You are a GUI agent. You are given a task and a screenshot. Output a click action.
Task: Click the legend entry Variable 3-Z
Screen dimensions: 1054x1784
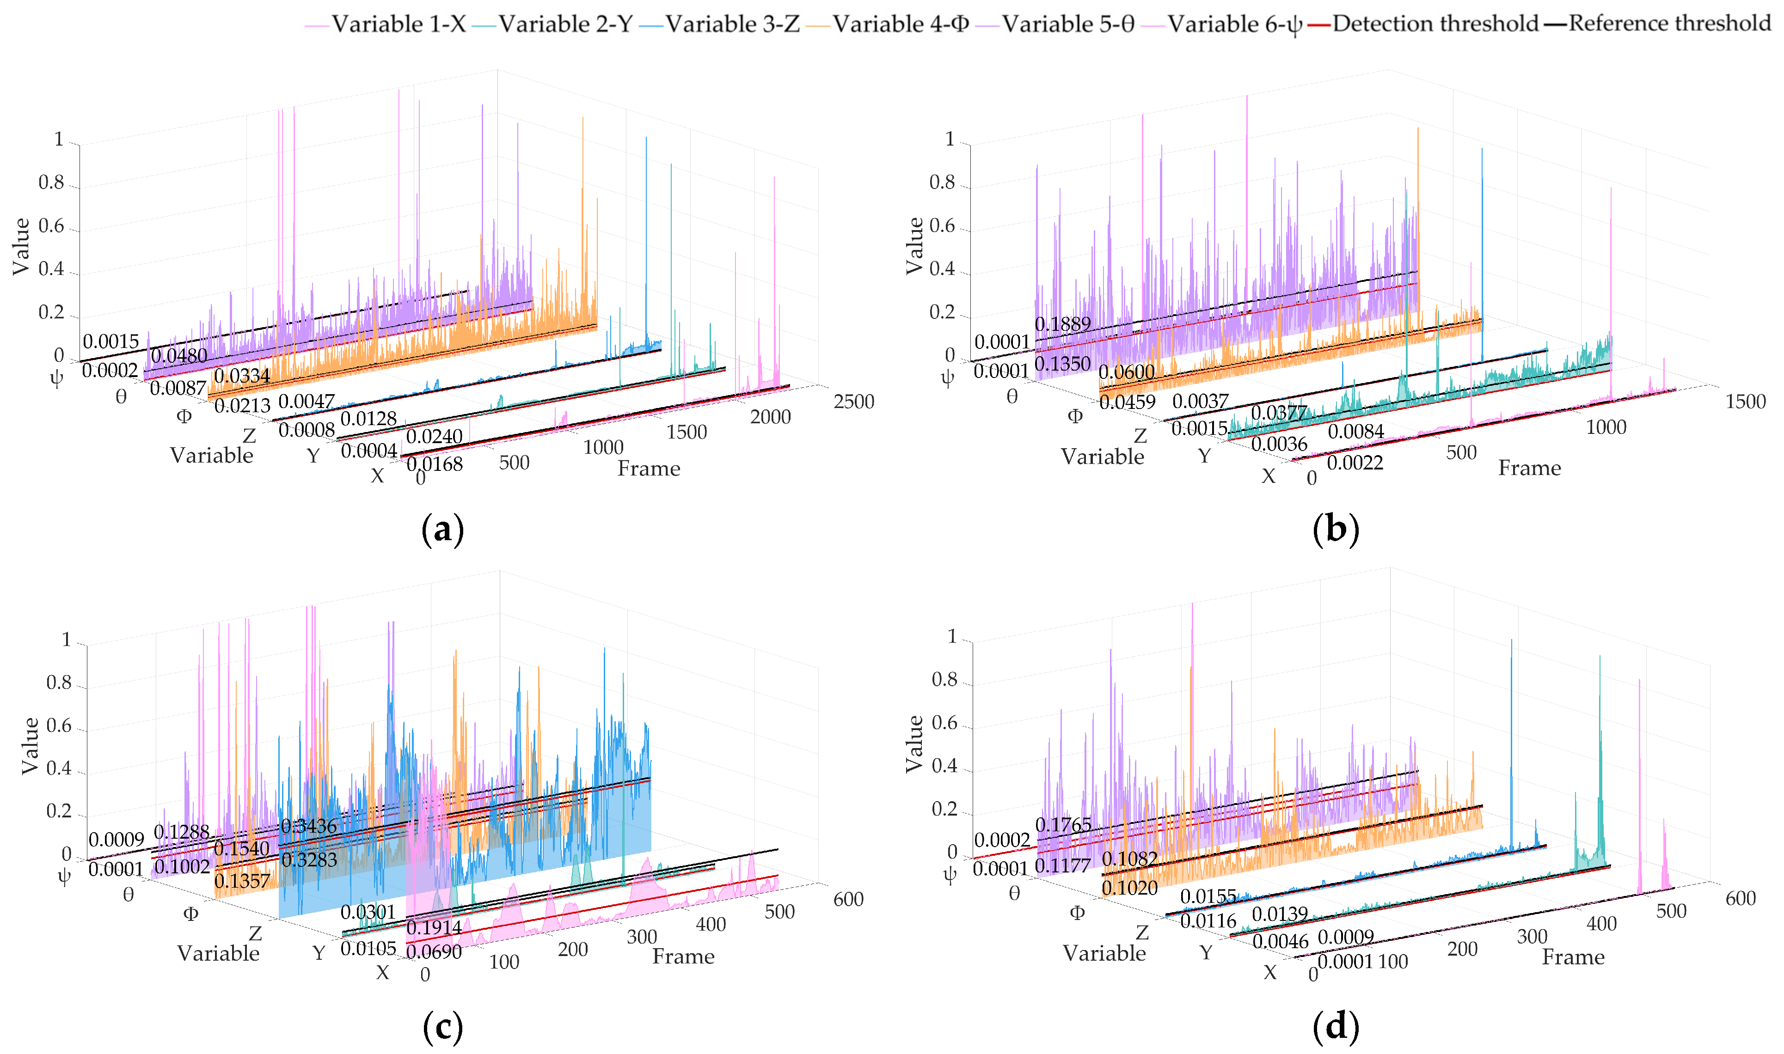pos(732,24)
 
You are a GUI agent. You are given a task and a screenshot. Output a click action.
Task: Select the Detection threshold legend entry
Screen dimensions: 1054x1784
pos(1435,24)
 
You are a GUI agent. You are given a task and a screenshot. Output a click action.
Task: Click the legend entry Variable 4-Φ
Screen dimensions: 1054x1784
pos(901,24)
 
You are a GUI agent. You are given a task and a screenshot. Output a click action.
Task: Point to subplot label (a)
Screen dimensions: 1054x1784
pos(442,530)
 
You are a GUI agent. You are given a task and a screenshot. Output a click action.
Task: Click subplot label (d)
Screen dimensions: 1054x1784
pos(1336,1026)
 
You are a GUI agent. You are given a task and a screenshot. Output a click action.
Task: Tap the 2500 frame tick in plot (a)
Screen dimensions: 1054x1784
pos(853,402)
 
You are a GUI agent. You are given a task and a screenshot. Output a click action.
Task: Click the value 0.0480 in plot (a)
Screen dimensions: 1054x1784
pos(179,356)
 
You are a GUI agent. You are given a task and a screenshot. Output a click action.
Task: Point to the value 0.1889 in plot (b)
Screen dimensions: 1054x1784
pos(1062,324)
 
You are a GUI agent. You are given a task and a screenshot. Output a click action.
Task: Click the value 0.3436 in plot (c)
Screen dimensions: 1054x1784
pos(308,826)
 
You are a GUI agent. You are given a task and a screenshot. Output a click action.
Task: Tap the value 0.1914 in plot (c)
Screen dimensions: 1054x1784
pos(434,927)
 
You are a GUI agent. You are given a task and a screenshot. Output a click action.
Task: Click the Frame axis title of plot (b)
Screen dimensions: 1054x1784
pos(1529,468)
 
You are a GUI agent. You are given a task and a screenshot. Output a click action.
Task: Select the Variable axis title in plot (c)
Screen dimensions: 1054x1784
pos(218,953)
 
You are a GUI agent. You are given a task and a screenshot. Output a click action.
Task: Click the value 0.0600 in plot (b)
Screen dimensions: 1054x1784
pos(1126,372)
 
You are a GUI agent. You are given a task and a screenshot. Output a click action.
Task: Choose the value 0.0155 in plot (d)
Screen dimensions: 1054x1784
pos(1208,896)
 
